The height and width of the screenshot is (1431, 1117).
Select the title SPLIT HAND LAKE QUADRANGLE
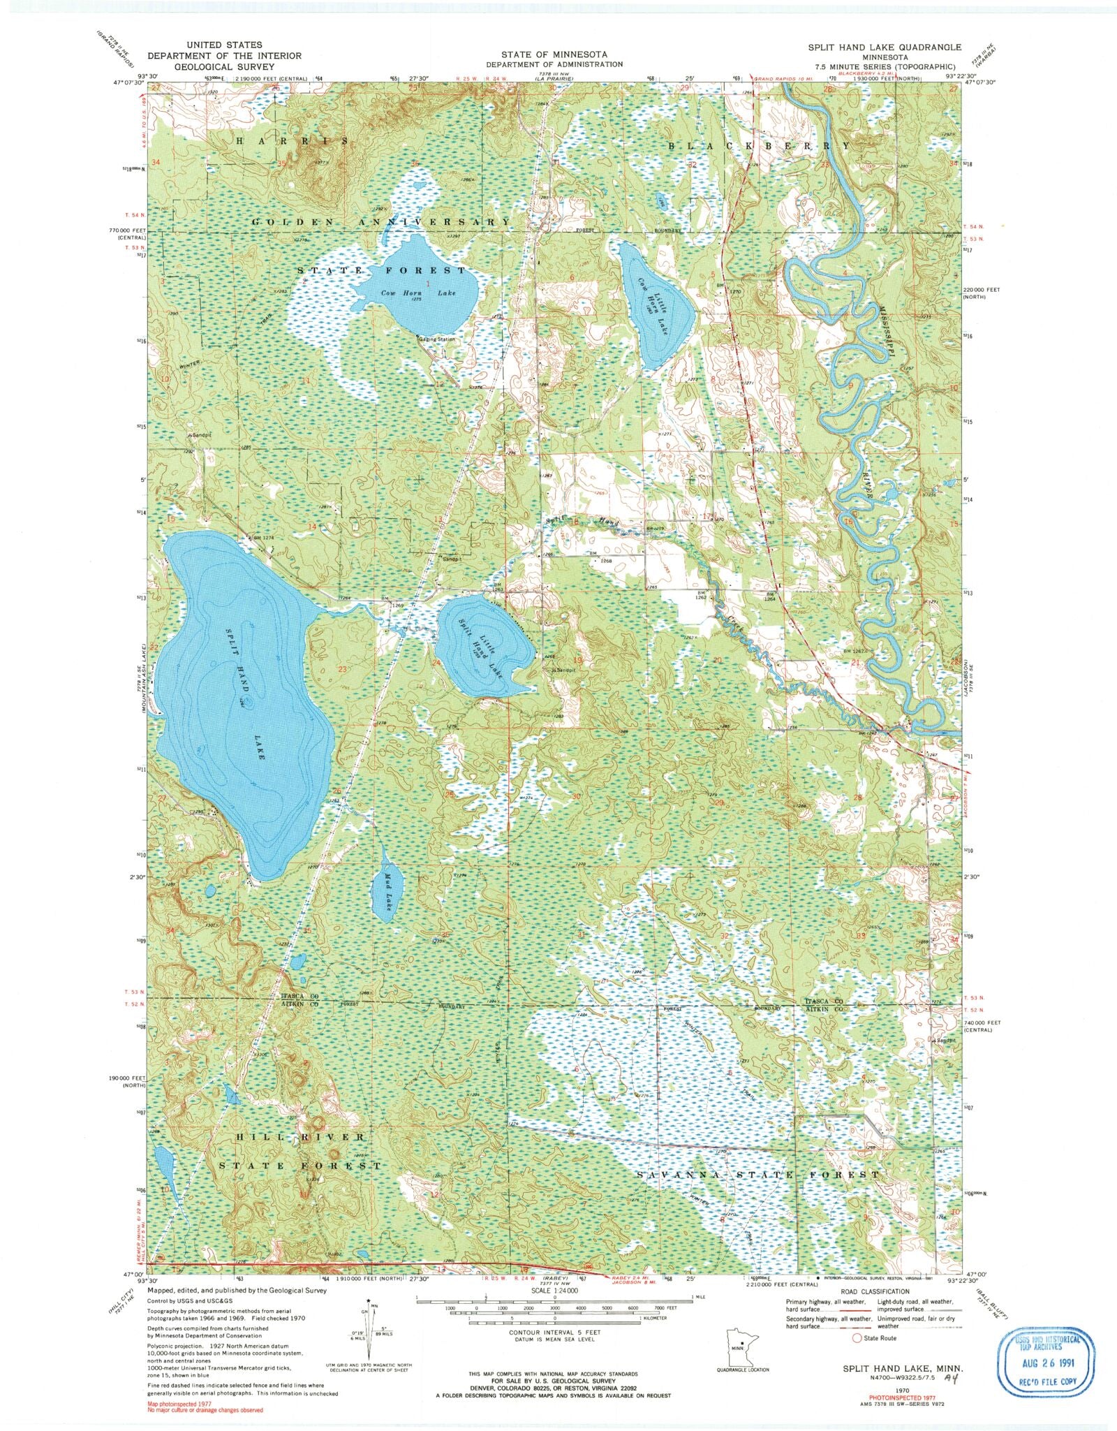885,46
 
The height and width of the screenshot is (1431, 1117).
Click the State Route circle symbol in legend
857,1338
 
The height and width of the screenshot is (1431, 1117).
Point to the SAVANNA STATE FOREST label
757,1175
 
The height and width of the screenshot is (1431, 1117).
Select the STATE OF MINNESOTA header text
554,54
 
